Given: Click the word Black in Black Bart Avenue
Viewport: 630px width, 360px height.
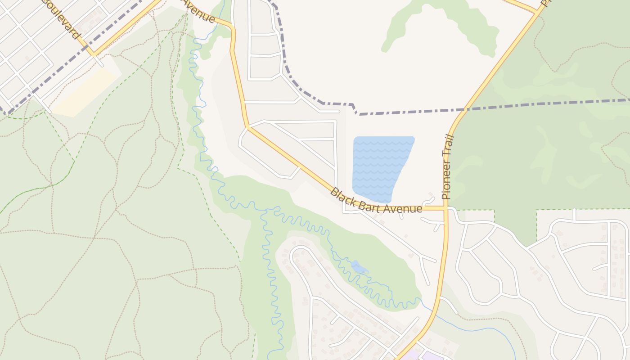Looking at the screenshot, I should coord(341,194).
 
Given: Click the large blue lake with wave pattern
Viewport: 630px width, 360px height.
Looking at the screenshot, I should coord(380,166).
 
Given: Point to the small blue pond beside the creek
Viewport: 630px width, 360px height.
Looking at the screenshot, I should coord(359,267).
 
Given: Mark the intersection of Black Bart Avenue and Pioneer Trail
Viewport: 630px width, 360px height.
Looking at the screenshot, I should coord(445,208).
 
